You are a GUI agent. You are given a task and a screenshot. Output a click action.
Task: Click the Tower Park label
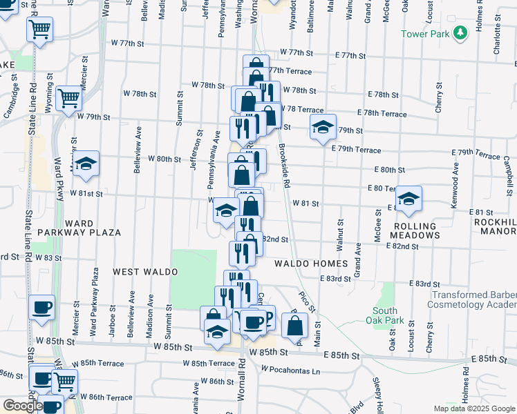click(424, 34)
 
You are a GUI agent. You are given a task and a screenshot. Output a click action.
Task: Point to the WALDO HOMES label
click(310, 264)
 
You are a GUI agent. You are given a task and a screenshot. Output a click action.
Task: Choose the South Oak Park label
click(386, 315)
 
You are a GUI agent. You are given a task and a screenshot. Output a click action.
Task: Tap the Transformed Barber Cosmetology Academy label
click(473, 299)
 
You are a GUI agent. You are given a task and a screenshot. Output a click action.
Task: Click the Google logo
click(22, 406)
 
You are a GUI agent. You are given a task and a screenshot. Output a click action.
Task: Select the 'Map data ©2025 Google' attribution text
click(473, 408)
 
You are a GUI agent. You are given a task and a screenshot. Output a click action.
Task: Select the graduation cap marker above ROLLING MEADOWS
click(408, 199)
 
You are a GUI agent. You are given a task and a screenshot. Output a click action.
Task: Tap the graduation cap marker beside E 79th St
click(322, 127)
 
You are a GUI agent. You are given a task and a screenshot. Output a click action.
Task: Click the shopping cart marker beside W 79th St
click(69, 99)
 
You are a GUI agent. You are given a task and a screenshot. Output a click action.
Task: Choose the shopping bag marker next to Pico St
click(294, 325)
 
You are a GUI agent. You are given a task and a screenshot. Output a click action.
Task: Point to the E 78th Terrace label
click(382, 113)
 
